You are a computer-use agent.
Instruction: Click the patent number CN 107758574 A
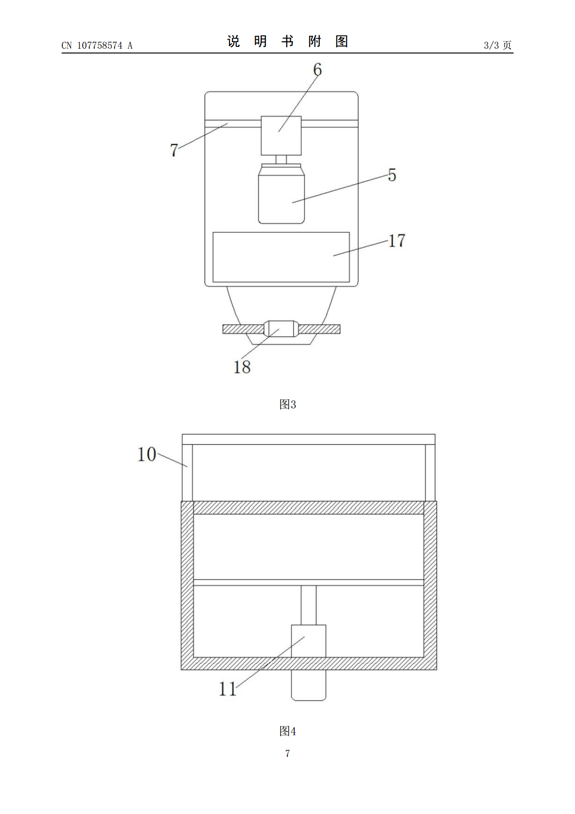click(x=97, y=45)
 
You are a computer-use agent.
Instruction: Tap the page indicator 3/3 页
click(x=498, y=45)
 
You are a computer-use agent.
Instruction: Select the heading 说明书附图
click(x=287, y=42)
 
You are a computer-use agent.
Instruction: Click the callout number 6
click(x=317, y=70)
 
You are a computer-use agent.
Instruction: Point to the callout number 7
click(x=174, y=150)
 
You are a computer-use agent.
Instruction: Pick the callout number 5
click(x=392, y=175)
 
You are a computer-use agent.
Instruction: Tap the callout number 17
click(x=397, y=241)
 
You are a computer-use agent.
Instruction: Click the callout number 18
click(x=242, y=367)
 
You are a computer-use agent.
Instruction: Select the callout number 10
click(x=147, y=454)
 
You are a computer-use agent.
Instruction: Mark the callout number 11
click(x=228, y=689)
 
